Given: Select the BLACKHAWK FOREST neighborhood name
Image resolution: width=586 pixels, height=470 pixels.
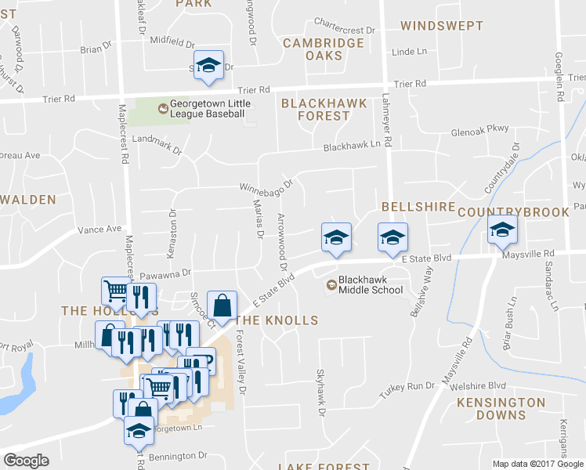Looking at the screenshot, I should coord(315,109).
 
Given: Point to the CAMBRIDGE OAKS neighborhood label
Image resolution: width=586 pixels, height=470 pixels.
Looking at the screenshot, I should coord(324,49).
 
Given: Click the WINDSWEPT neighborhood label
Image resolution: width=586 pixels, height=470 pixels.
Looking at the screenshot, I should coord(441,26).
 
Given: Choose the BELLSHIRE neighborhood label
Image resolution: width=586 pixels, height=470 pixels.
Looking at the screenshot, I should coord(418,206).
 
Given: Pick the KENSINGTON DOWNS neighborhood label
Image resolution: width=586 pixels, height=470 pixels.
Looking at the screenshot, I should coord(501,409).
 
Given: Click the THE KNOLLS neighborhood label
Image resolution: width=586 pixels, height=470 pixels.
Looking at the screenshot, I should coord(277,320).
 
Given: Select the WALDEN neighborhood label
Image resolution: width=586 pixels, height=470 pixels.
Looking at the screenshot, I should coord(28,200).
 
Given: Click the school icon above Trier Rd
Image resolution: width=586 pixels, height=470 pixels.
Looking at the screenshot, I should coord(209,67).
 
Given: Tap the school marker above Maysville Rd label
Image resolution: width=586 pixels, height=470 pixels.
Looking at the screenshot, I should coord(502,230).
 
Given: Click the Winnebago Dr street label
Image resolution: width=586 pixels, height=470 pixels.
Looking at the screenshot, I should coord(266,187).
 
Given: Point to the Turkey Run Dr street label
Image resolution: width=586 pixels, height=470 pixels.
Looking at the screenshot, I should coord(407,386).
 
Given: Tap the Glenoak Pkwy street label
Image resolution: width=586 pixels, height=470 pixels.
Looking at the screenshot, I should coord(480,132).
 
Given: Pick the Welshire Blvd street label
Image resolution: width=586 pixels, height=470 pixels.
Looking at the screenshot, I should coord(480,385).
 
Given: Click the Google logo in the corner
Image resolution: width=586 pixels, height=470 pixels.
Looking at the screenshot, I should coord(26,461).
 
